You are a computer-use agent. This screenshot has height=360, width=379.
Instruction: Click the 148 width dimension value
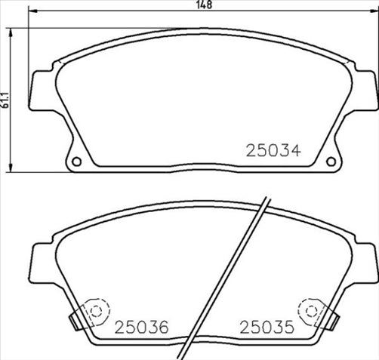coord(203,5)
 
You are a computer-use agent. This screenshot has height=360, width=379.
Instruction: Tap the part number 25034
coord(273,149)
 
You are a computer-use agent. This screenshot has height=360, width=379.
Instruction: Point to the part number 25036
coord(141,327)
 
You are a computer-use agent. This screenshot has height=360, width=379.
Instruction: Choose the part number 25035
coord(266,327)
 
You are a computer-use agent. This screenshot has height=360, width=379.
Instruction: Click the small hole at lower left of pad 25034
coord(75,161)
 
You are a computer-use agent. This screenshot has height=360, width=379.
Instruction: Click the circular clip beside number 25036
coord(94,310)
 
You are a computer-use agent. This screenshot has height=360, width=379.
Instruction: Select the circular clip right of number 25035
coord(310,310)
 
